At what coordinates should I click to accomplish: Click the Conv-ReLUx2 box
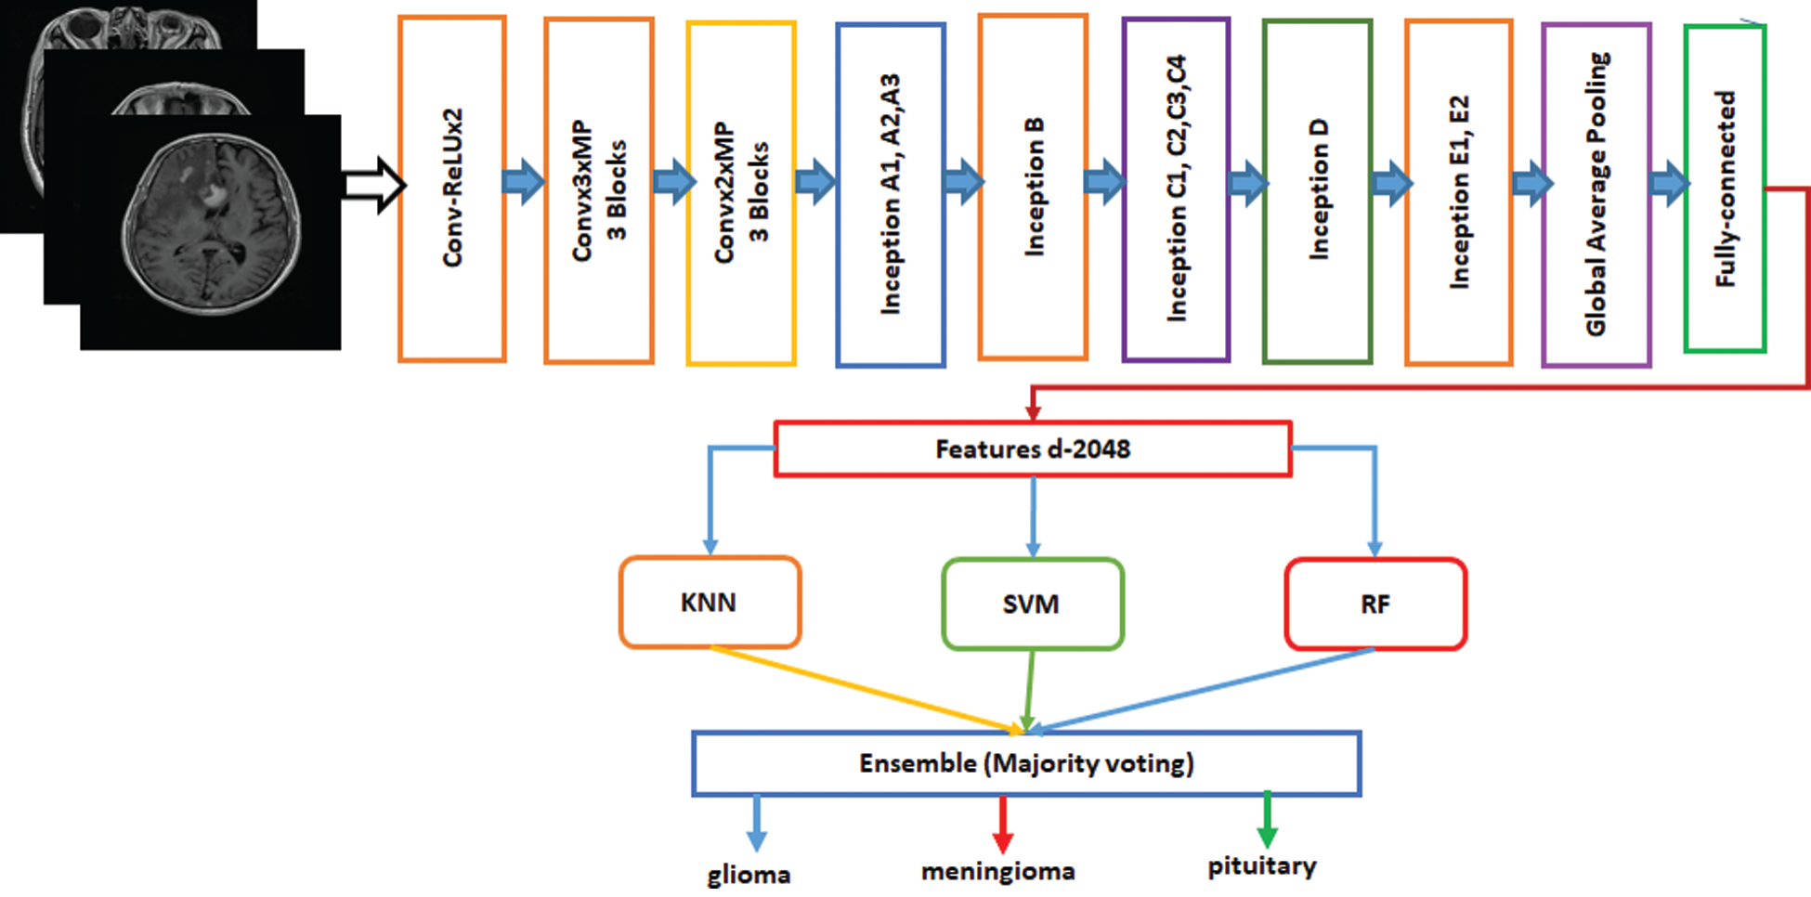click(452, 188)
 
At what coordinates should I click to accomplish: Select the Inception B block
click(1033, 187)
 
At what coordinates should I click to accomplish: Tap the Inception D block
click(1318, 190)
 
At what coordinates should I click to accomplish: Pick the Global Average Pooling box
click(1596, 195)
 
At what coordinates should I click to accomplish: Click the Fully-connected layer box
click(1726, 188)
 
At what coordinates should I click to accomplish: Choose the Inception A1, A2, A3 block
click(891, 195)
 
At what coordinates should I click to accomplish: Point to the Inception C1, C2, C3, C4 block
click(1176, 189)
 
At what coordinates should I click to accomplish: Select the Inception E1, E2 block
click(1459, 192)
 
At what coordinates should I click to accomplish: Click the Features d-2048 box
click(1033, 449)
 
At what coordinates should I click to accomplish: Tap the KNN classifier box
click(710, 602)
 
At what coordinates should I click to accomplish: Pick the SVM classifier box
click(1033, 604)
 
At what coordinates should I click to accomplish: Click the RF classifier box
click(1375, 604)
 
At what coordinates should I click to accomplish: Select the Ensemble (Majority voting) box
click(1026, 763)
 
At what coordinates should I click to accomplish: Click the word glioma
click(749, 875)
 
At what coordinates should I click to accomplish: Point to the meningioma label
click(998, 871)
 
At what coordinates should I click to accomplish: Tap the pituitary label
click(1262, 866)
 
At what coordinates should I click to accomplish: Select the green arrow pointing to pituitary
click(1267, 820)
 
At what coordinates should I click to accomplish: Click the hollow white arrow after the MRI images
click(374, 185)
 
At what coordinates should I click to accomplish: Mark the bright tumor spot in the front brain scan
click(214, 195)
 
